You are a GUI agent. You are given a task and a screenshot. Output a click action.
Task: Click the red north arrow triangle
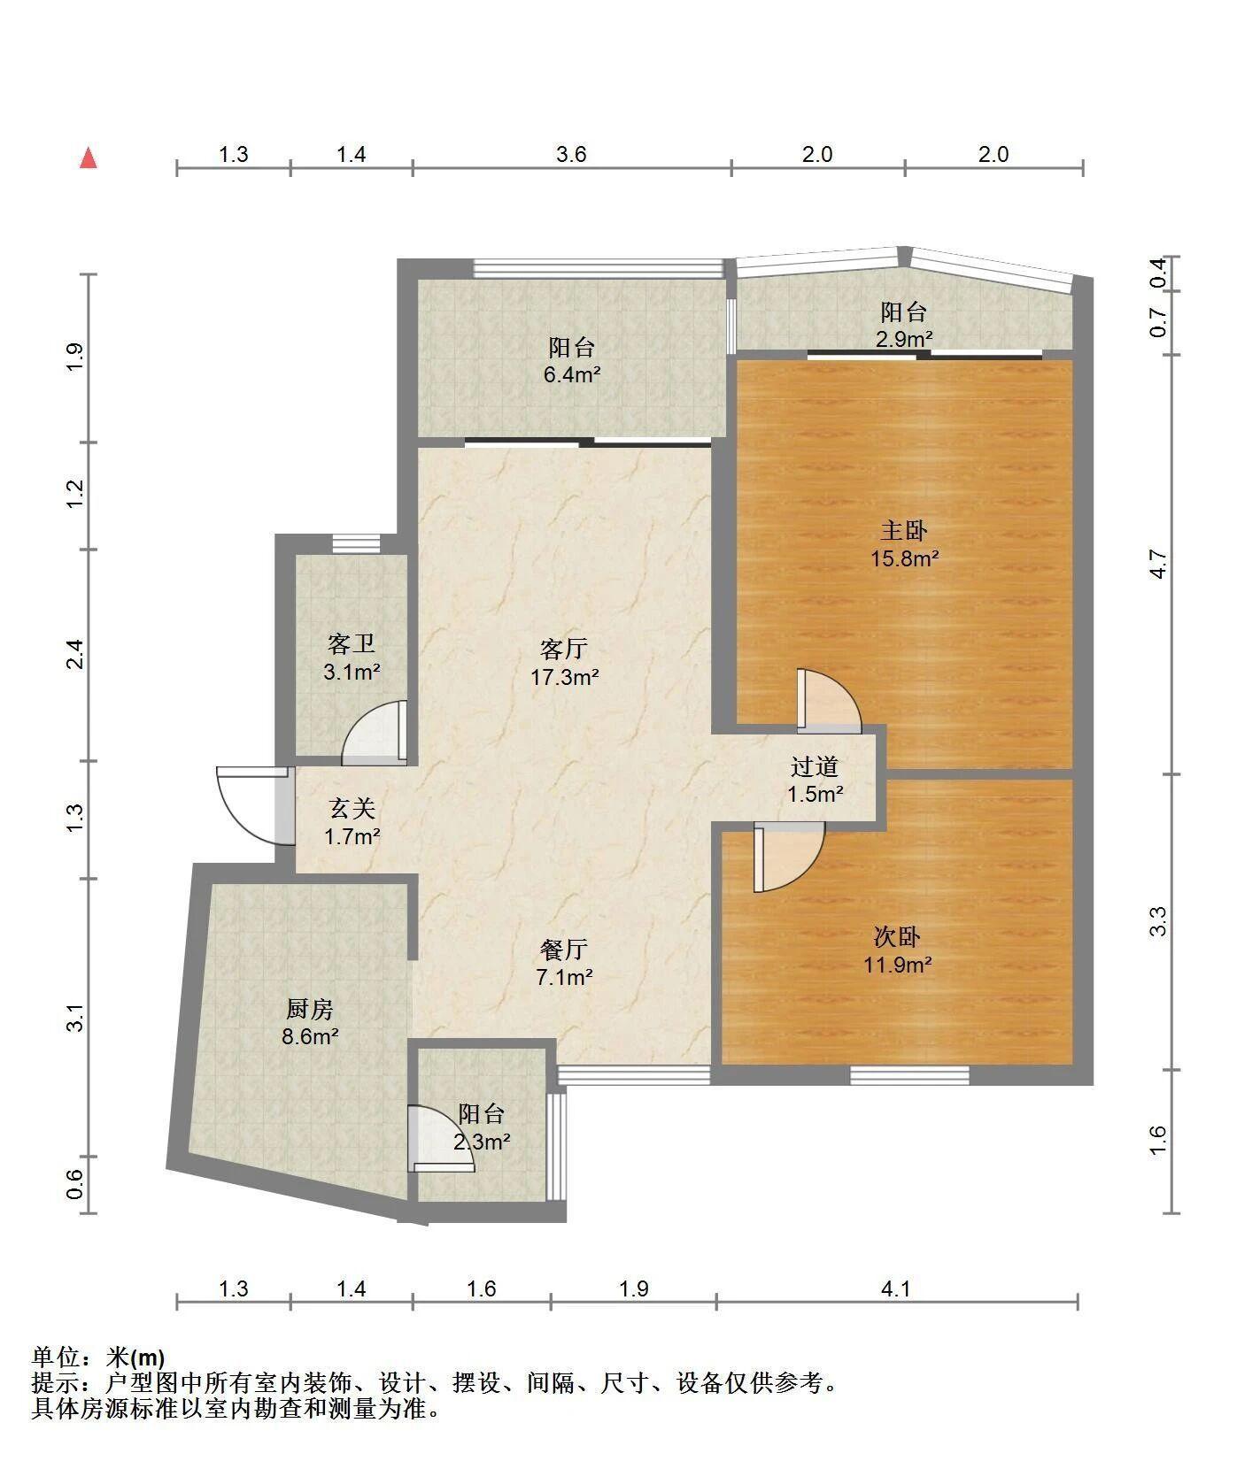(88, 158)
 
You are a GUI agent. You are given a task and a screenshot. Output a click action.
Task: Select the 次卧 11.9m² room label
(898, 950)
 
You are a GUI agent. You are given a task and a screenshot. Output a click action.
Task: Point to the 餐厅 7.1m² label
(564, 964)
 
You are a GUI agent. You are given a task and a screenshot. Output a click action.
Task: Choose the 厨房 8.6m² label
(310, 1022)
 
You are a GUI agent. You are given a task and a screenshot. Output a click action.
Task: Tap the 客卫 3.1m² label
(352, 658)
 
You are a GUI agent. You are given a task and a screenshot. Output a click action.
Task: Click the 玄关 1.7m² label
(352, 822)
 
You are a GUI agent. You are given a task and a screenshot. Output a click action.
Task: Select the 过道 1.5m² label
(815, 781)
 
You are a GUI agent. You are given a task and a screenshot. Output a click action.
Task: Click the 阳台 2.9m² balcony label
(904, 325)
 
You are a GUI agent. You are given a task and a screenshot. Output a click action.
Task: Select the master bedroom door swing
(828, 700)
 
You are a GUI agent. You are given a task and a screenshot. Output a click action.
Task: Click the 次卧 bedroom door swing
(789, 857)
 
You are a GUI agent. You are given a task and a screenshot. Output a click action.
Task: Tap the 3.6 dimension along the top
(571, 155)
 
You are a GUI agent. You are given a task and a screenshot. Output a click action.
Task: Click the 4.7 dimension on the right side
(1159, 564)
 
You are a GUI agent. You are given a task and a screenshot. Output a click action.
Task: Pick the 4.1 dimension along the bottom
(896, 1289)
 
